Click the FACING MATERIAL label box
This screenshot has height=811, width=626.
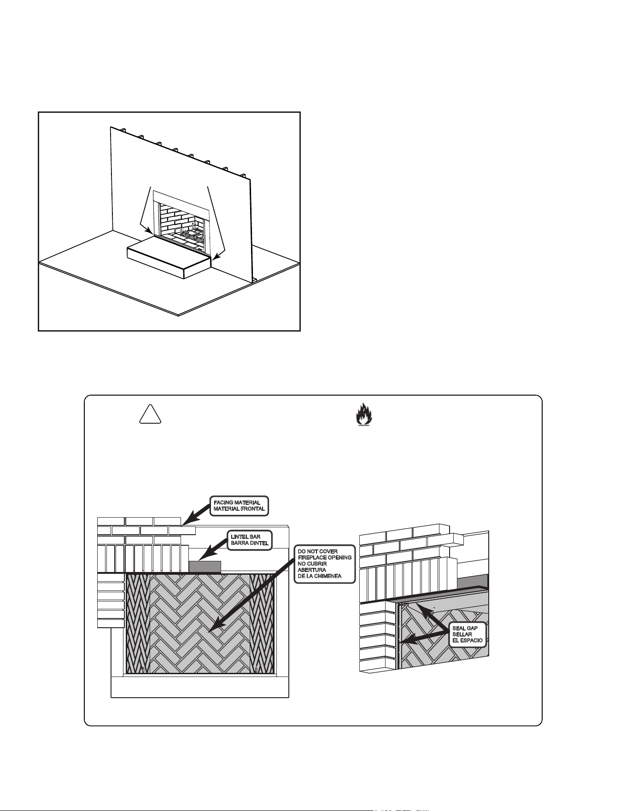240,506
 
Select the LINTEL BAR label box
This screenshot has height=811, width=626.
250,540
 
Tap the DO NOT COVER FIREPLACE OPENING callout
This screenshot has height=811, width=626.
325,564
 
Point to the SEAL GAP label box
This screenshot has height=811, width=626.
468,634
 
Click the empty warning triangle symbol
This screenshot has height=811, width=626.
150,414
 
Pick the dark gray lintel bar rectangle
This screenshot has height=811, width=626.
205,566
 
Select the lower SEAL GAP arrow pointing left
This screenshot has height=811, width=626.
424,637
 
